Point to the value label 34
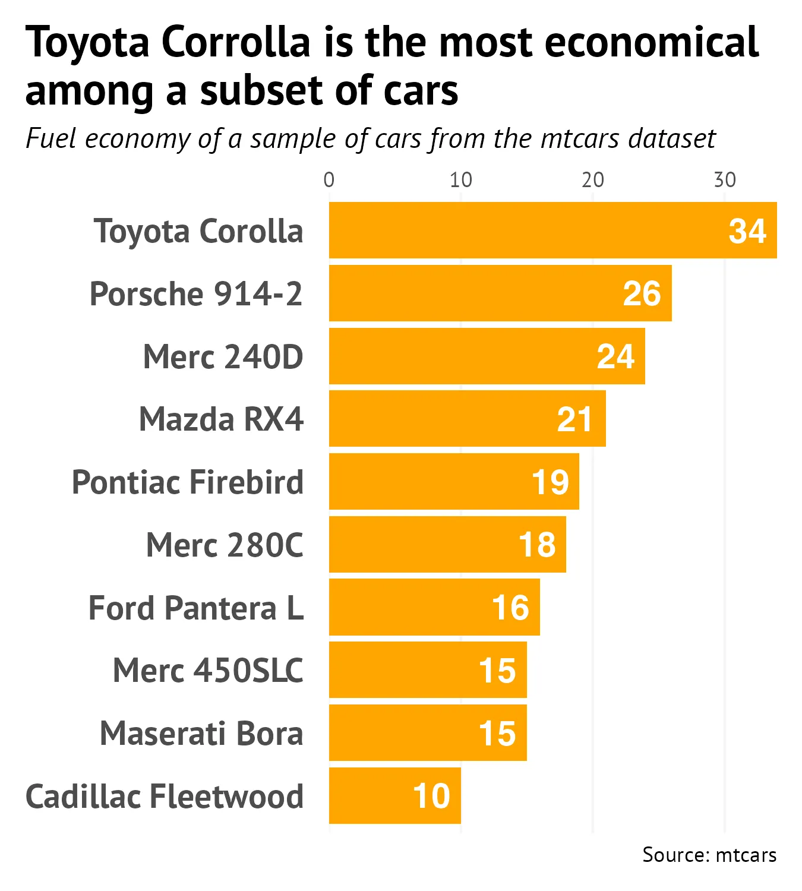747,231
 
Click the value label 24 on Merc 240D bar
615,356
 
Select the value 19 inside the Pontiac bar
550,482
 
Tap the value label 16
510,608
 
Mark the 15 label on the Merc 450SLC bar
497,671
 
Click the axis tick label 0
329,180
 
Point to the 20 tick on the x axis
593,180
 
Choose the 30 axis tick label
725,180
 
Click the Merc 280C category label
225,545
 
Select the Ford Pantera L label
196,608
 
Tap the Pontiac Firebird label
188,482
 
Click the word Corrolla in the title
236,43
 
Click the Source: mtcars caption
709,855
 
